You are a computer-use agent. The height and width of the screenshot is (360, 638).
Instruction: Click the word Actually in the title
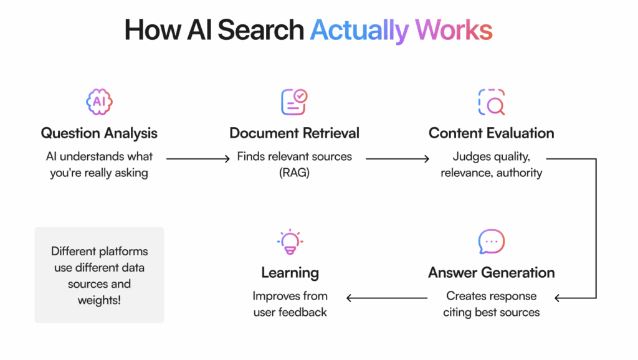click(359, 30)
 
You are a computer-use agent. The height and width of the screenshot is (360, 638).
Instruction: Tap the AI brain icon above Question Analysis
click(99, 102)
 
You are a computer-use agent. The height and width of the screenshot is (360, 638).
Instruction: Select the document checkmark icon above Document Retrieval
click(294, 102)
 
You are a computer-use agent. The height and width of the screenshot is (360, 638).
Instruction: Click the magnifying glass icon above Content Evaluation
click(491, 102)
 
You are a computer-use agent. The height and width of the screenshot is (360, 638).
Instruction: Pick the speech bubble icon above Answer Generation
click(491, 242)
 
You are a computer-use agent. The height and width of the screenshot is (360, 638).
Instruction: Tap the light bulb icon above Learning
click(290, 242)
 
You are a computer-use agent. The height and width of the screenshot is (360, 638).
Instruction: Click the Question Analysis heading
click(99, 133)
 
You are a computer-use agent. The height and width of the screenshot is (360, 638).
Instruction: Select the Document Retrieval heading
click(294, 133)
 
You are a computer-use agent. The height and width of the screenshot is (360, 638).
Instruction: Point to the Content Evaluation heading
click(491, 133)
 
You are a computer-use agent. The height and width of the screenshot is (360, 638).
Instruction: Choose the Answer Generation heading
click(491, 272)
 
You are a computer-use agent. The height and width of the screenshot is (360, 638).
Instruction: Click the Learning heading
click(290, 272)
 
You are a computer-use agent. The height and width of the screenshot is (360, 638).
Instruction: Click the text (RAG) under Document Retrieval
click(294, 173)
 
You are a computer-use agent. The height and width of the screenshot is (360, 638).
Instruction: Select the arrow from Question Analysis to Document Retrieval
click(198, 159)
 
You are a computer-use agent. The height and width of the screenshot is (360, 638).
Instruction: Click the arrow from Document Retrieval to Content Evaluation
click(396, 159)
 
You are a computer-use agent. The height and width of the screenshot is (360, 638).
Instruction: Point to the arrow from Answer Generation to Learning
click(386, 298)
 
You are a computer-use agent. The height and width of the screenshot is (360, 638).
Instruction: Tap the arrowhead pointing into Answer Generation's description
click(559, 298)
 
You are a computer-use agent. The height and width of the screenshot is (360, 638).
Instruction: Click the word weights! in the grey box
click(99, 300)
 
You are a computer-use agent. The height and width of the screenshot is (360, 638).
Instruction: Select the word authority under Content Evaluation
click(520, 173)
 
